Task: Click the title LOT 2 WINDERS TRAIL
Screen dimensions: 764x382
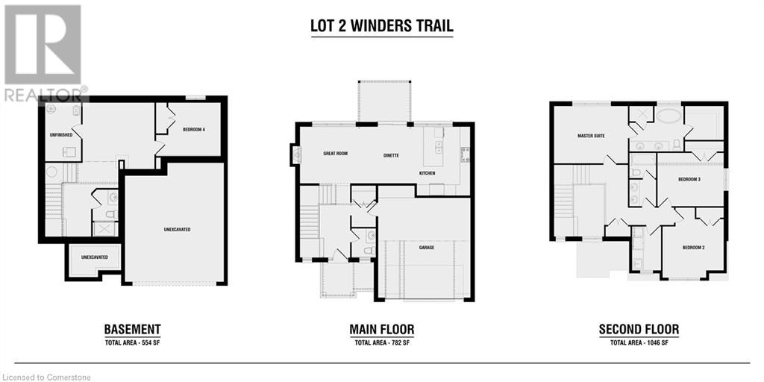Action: click(x=382, y=26)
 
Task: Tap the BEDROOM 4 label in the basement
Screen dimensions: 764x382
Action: click(x=194, y=129)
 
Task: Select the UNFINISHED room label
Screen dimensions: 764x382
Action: click(x=61, y=134)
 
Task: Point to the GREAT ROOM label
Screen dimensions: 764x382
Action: click(x=335, y=154)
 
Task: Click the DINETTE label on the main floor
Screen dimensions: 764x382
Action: click(x=391, y=155)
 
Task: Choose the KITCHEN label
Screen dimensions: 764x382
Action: click(x=428, y=173)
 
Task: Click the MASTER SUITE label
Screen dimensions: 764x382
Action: click(x=591, y=136)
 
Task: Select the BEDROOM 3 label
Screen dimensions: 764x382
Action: click(x=689, y=179)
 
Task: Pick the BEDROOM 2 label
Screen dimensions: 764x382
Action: click(x=693, y=248)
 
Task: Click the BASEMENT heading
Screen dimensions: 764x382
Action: click(x=133, y=330)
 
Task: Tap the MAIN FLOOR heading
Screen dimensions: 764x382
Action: click(x=382, y=330)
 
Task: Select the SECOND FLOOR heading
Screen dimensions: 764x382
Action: click(x=639, y=330)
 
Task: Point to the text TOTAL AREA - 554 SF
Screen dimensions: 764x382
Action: click(x=133, y=342)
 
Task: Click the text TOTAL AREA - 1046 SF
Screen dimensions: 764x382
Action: click(x=639, y=342)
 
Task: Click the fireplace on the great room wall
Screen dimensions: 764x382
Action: click(x=295, y=155)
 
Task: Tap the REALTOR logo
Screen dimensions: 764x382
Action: click(x=44, y=53)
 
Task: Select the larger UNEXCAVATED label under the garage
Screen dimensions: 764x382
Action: click(x=174, y=229)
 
